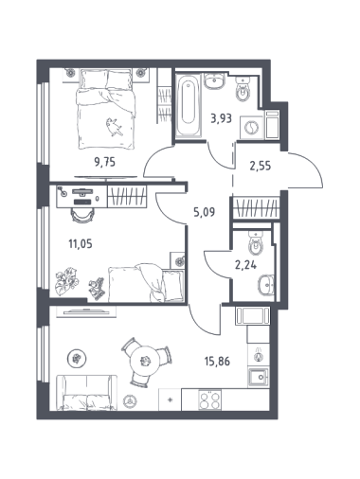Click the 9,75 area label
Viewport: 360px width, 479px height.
coord(105,162)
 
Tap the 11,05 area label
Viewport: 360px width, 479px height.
coord(81,243)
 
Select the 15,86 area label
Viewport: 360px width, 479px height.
coord(217,361)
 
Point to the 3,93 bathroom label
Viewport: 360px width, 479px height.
coord(222,119)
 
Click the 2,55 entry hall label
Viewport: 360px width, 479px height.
coord(261,166)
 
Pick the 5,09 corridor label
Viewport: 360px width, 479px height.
coord(204,212)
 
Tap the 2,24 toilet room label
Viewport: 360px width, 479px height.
coord(245,265)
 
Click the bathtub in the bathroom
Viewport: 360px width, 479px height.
coord(189,105)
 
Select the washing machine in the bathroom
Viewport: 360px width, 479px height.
coord(252,128)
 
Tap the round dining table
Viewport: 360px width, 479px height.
coord(146,360)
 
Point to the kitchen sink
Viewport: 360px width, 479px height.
coord(258,377)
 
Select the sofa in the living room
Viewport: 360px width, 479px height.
coord(87,393)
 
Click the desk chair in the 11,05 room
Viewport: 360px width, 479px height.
coord(83,215)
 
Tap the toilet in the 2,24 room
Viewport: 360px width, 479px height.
coord(255,243)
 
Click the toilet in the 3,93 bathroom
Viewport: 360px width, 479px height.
coord(243,90)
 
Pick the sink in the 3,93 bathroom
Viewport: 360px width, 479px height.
coord(214,80)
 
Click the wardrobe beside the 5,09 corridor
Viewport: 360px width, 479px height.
coord(256,207)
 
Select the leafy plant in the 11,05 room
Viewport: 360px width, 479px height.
coord(66,281)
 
